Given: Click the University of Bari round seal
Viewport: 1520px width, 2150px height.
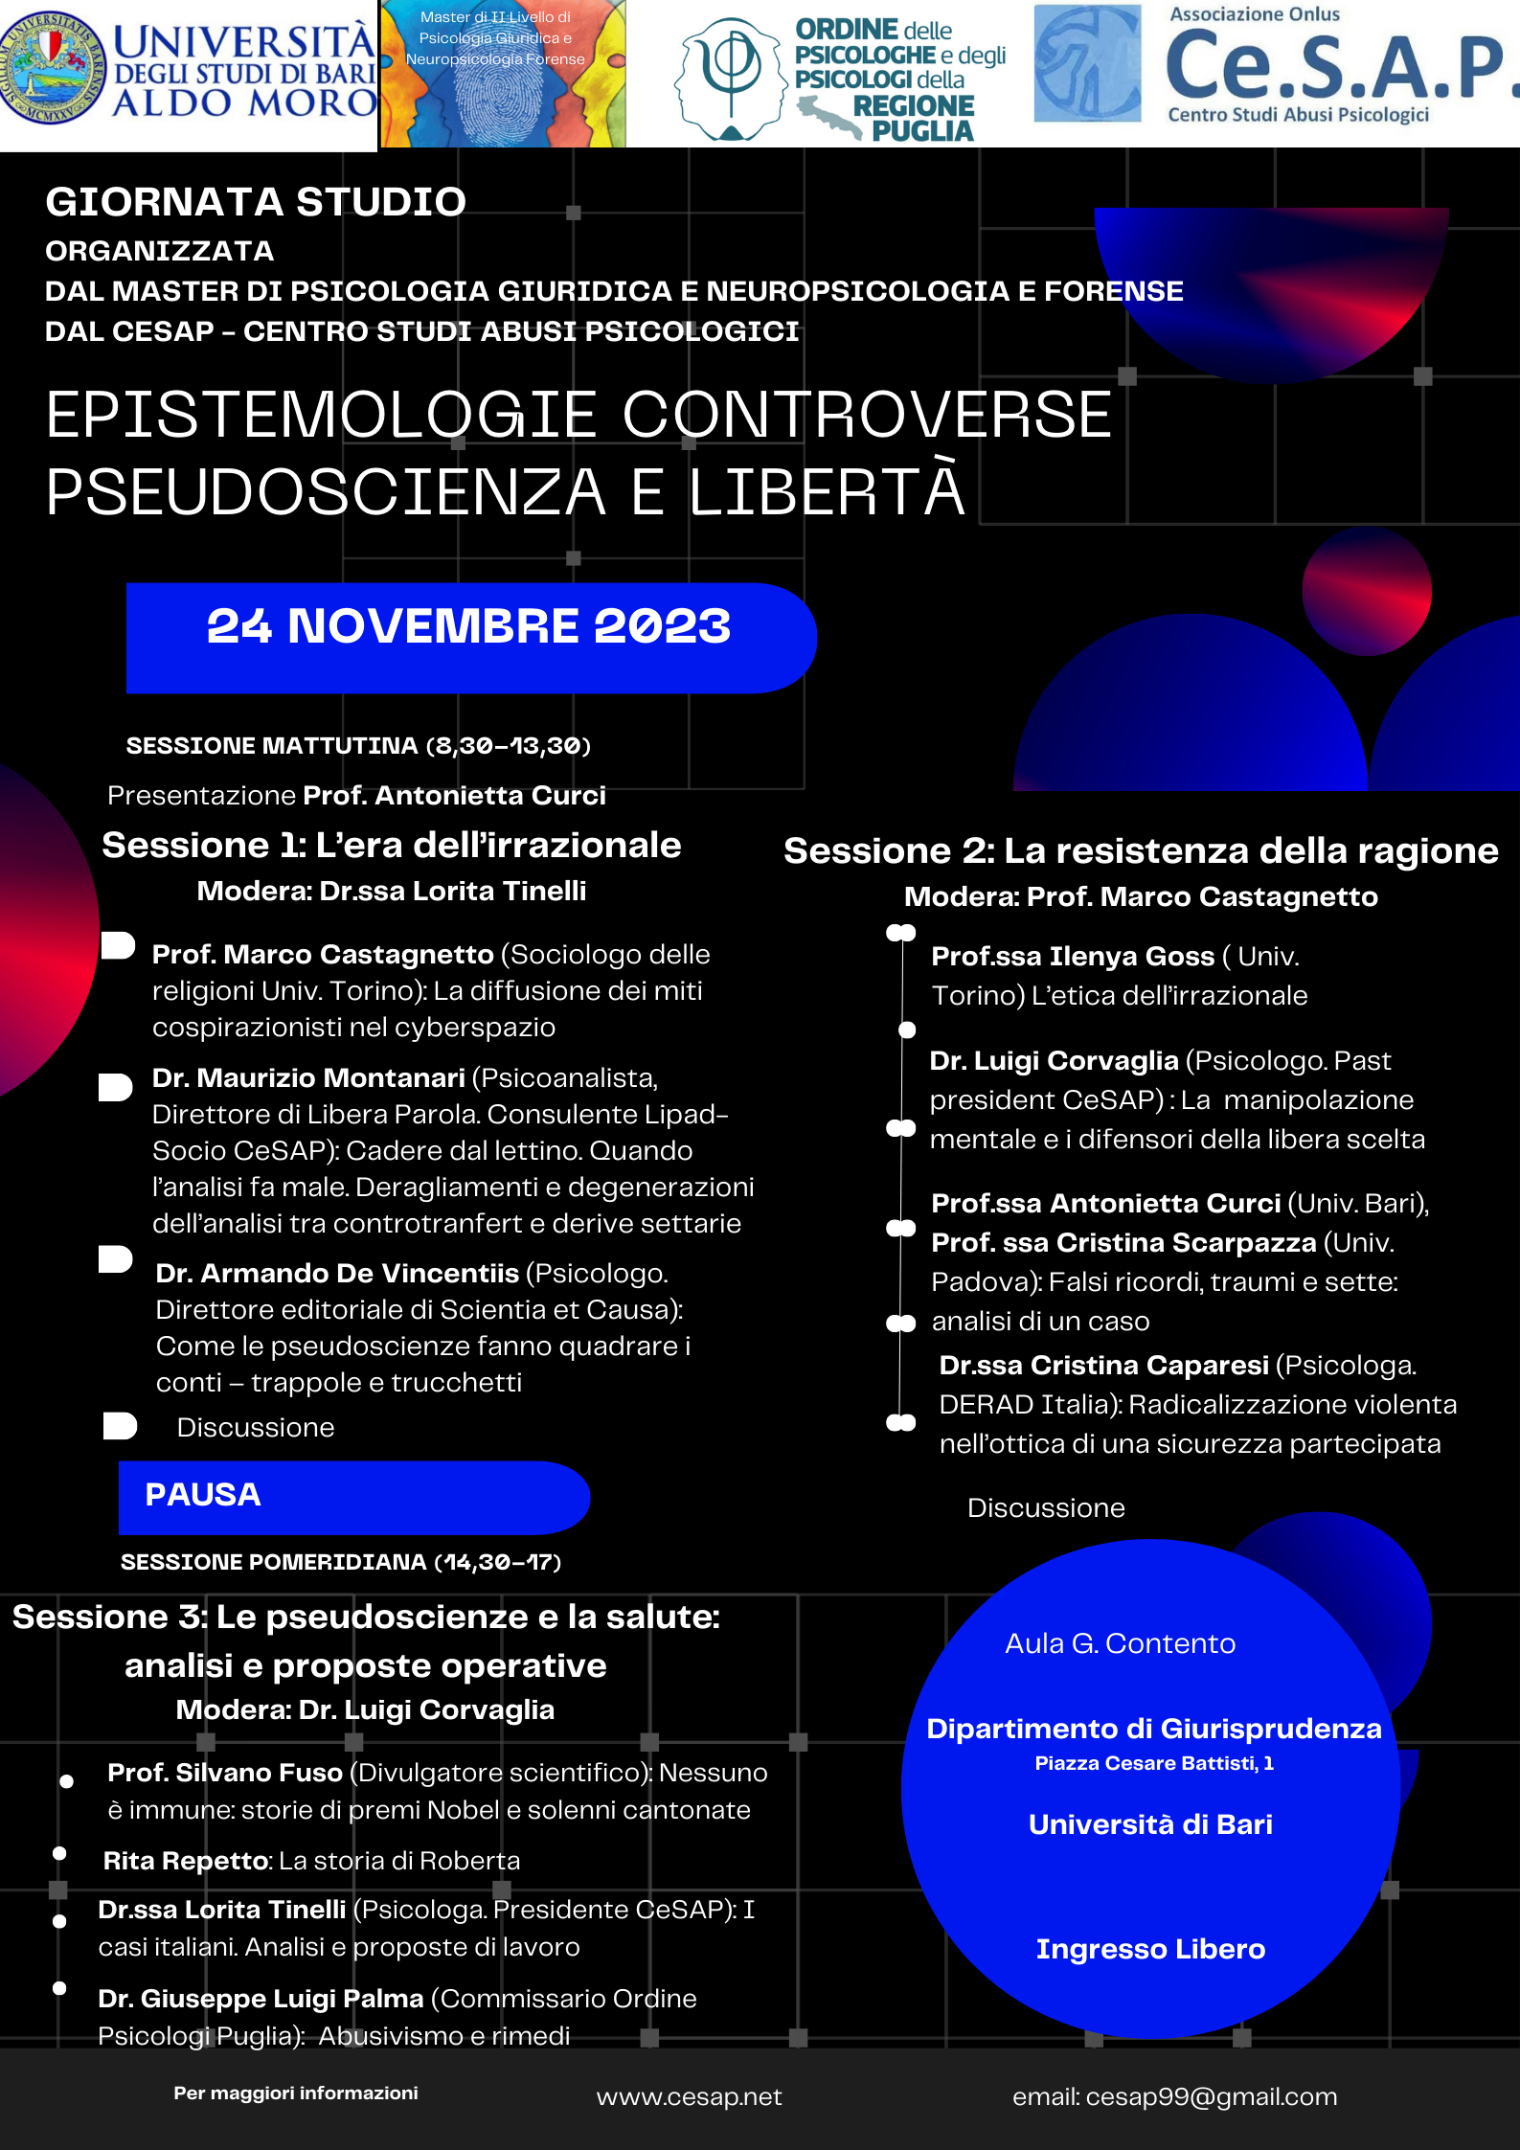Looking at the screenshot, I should click(54, 67).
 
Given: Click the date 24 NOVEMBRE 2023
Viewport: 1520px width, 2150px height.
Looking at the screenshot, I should click(468, 627).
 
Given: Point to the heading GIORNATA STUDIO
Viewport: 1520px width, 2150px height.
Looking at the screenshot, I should click(256, 202).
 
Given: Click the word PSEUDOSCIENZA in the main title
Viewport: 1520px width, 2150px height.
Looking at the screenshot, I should click(326, 492).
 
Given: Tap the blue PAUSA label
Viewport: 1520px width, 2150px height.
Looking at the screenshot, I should click(203, 1495).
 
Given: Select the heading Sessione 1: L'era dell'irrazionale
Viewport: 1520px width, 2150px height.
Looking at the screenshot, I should click(391, 846).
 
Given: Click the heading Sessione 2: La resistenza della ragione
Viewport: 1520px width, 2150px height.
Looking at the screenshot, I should click(1140, 851).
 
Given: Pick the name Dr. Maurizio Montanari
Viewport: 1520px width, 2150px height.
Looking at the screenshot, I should click(308, 1078).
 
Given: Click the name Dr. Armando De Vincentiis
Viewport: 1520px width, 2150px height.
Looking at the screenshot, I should click(337, 1274).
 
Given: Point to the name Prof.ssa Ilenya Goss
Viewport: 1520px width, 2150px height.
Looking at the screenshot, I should click(1073, 957).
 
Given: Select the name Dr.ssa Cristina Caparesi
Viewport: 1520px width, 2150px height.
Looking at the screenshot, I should click(1103, 1366).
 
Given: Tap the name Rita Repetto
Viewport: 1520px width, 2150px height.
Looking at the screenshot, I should click(187, 1861).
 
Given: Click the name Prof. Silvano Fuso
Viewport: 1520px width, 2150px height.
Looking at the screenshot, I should click(225, 1773).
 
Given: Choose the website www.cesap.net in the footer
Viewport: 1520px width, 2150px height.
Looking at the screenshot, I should click(689, 2097).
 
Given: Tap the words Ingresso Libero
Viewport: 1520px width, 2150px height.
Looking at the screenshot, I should click(1150, 1949).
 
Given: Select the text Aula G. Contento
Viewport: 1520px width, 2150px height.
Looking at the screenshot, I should click(1120, 1643).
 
